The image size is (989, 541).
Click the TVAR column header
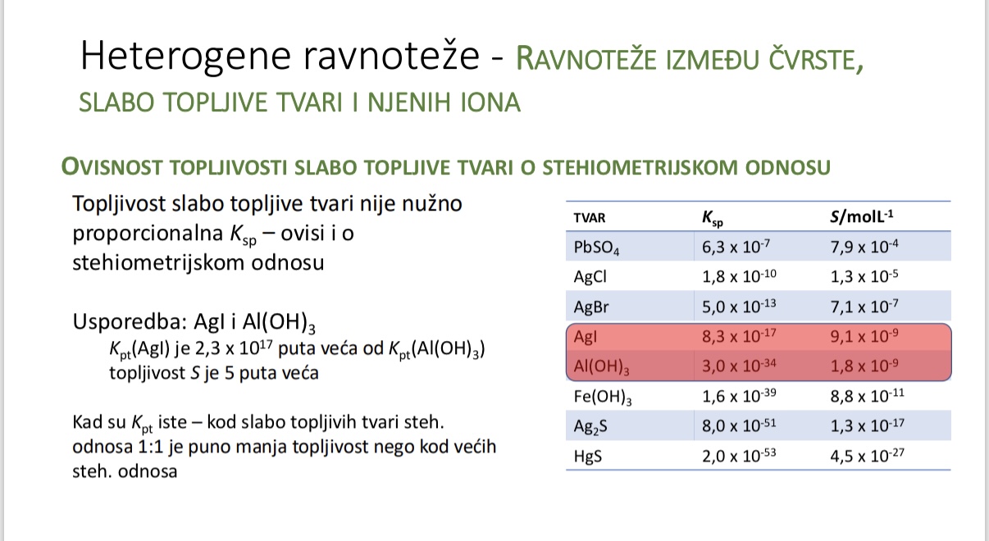tap(590, 219)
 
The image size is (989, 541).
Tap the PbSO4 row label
tap(597, 248)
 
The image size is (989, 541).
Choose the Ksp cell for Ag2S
tap(737, 425)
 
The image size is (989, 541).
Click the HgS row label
tap(588, 457)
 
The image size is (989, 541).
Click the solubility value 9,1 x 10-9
tap(865, 336)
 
